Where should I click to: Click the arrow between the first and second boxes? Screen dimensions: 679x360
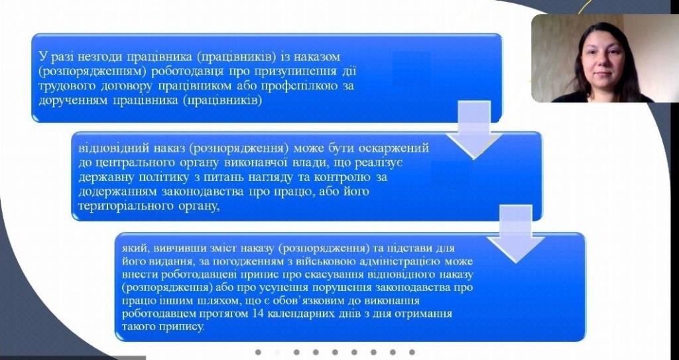coord(473,129)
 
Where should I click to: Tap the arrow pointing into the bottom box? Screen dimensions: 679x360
coord(516,233)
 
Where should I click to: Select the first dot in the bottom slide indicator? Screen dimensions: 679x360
coord(258,352)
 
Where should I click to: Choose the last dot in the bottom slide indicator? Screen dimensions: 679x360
coord(412,352)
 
